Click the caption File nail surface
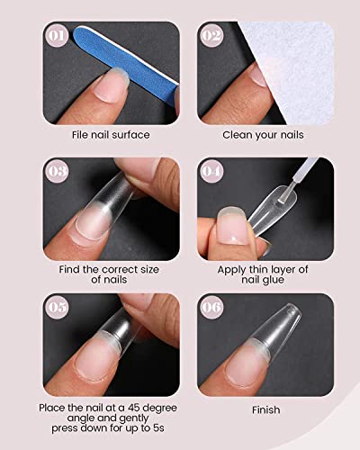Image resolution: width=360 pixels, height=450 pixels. (112, 135)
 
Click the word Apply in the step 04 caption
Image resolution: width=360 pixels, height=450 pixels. (231, 267)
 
